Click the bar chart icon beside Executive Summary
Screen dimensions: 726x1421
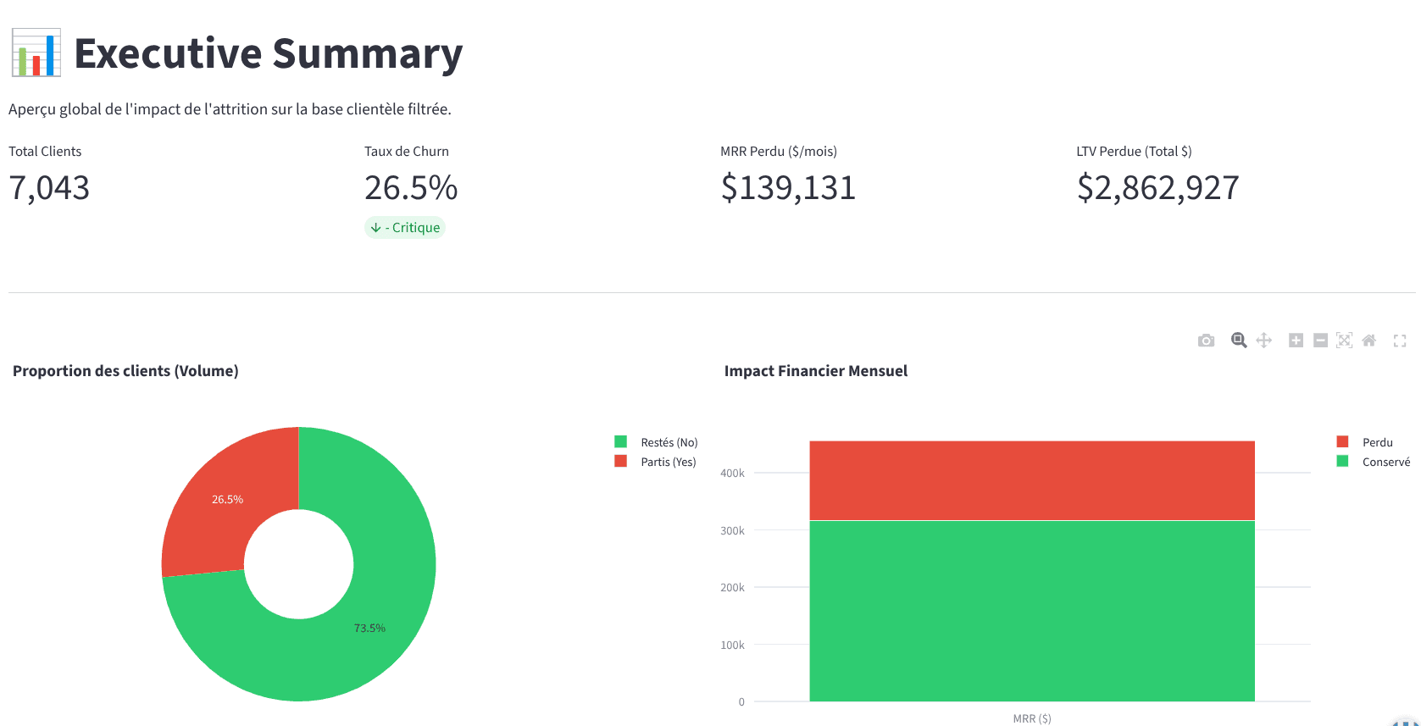pyautogui.click(x=36, y=53)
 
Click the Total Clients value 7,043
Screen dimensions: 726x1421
pyautogui.click(x=49, y=188)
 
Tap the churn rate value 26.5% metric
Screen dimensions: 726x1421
pyautogui.click(x=411, y=188)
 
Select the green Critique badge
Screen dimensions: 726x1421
pyautogui.click(x=405, y=227)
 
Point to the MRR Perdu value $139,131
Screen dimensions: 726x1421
pyautogui.click(x=788, y=188)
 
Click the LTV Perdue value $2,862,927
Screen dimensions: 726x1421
pyautogui.click(x=1157, y=188)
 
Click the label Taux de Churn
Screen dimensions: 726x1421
pyautogui.click(x=407, y=152)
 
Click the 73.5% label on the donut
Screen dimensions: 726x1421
pyautogui.click(x=369, y=628)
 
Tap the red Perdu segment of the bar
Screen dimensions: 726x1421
pyautogui.click(x=1031, y=480)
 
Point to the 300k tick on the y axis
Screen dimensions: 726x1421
pyautogui.click(x=732, y=530)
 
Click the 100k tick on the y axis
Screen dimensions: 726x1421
pyautogui.click(x=732, y=645)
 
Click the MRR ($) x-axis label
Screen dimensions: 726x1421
pyautogui.click(x=1031, y=718)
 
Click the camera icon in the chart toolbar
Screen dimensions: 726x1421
pyautogui.click(x=1206, y=341)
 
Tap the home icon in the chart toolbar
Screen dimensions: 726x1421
pyautogui.click(x=1368, y=341)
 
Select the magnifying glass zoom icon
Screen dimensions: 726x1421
pyautogui.click(x=1239, y=341)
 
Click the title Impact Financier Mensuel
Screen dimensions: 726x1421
pyautogui.click(x=815, y=371)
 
